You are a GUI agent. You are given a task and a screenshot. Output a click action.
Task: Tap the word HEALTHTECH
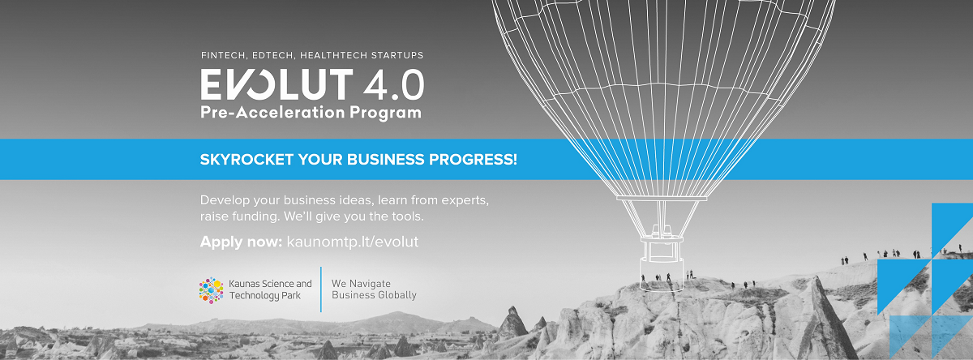tap(332, 55)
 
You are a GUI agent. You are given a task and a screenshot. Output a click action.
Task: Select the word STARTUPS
tap(396, 55)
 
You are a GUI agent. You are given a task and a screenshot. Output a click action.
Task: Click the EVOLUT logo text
tap(276, 84)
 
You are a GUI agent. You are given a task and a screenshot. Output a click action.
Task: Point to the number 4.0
tap(393, 84)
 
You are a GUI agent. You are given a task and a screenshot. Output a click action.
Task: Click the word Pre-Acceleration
tap(272, 112)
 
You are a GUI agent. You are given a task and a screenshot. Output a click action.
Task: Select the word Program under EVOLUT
tap(386, 113)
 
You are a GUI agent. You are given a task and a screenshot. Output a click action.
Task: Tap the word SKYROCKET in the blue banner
tap(246, 160)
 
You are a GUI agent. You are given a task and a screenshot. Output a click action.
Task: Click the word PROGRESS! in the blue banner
tap(473, 160)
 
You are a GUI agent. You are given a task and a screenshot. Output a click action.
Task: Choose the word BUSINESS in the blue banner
tap(386, 160)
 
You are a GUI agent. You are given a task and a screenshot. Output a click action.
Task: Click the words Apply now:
tap(241, 242)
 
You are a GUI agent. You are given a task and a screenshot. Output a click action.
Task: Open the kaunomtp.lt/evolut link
tap(352, 242)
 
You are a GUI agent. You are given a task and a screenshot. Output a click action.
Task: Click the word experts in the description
tap(465, 200)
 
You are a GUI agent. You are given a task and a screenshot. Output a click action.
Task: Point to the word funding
tap(255, 216)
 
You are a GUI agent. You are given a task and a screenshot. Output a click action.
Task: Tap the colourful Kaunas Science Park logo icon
tap(211, 290)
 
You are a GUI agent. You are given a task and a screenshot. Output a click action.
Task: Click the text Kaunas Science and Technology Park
tap(270, 289)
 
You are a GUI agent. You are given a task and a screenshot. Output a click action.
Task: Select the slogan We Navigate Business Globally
tap(374, 289)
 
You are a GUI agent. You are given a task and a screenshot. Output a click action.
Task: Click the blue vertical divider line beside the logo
tap(321, 289)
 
